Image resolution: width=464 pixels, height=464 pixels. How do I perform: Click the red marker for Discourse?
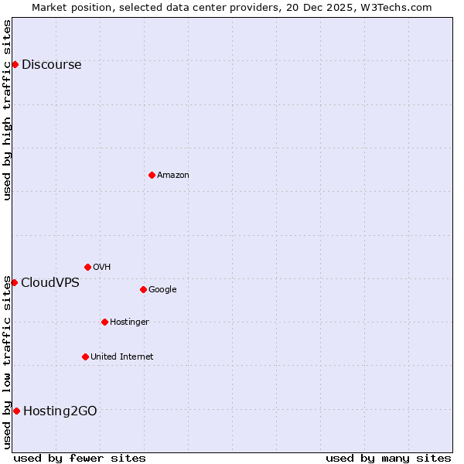[15, 64]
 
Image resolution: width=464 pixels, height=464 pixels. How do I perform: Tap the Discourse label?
[51, 65]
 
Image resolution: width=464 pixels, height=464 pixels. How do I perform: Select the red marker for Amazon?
[152, 175]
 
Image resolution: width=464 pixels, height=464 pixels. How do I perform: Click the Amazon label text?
[173, 176]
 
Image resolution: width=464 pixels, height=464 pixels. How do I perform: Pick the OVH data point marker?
[87, 267]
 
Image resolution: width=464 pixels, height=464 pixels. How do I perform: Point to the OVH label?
[102, 268]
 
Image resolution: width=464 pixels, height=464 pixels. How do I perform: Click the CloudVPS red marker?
[14, 282]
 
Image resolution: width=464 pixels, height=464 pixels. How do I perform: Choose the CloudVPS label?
[50, 283]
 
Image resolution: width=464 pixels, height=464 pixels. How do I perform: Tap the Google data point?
[143, 289]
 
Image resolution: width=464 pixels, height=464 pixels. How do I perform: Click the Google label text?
[162, 290]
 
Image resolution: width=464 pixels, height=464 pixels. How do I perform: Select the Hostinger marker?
[104, 322]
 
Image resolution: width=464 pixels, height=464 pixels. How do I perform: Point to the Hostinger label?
[129, 322]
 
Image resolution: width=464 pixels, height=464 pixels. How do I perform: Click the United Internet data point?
[85, 357]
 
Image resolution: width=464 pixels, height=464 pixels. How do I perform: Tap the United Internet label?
[122, 357]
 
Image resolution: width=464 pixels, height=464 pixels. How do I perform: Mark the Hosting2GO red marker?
[16, 411]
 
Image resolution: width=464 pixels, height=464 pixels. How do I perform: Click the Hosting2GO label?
[60, 411]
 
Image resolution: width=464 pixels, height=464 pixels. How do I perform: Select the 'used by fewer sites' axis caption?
[80, 458]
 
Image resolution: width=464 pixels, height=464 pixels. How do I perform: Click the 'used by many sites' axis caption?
[388, 458]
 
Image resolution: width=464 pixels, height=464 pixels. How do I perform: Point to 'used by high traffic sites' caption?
[8, 110]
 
